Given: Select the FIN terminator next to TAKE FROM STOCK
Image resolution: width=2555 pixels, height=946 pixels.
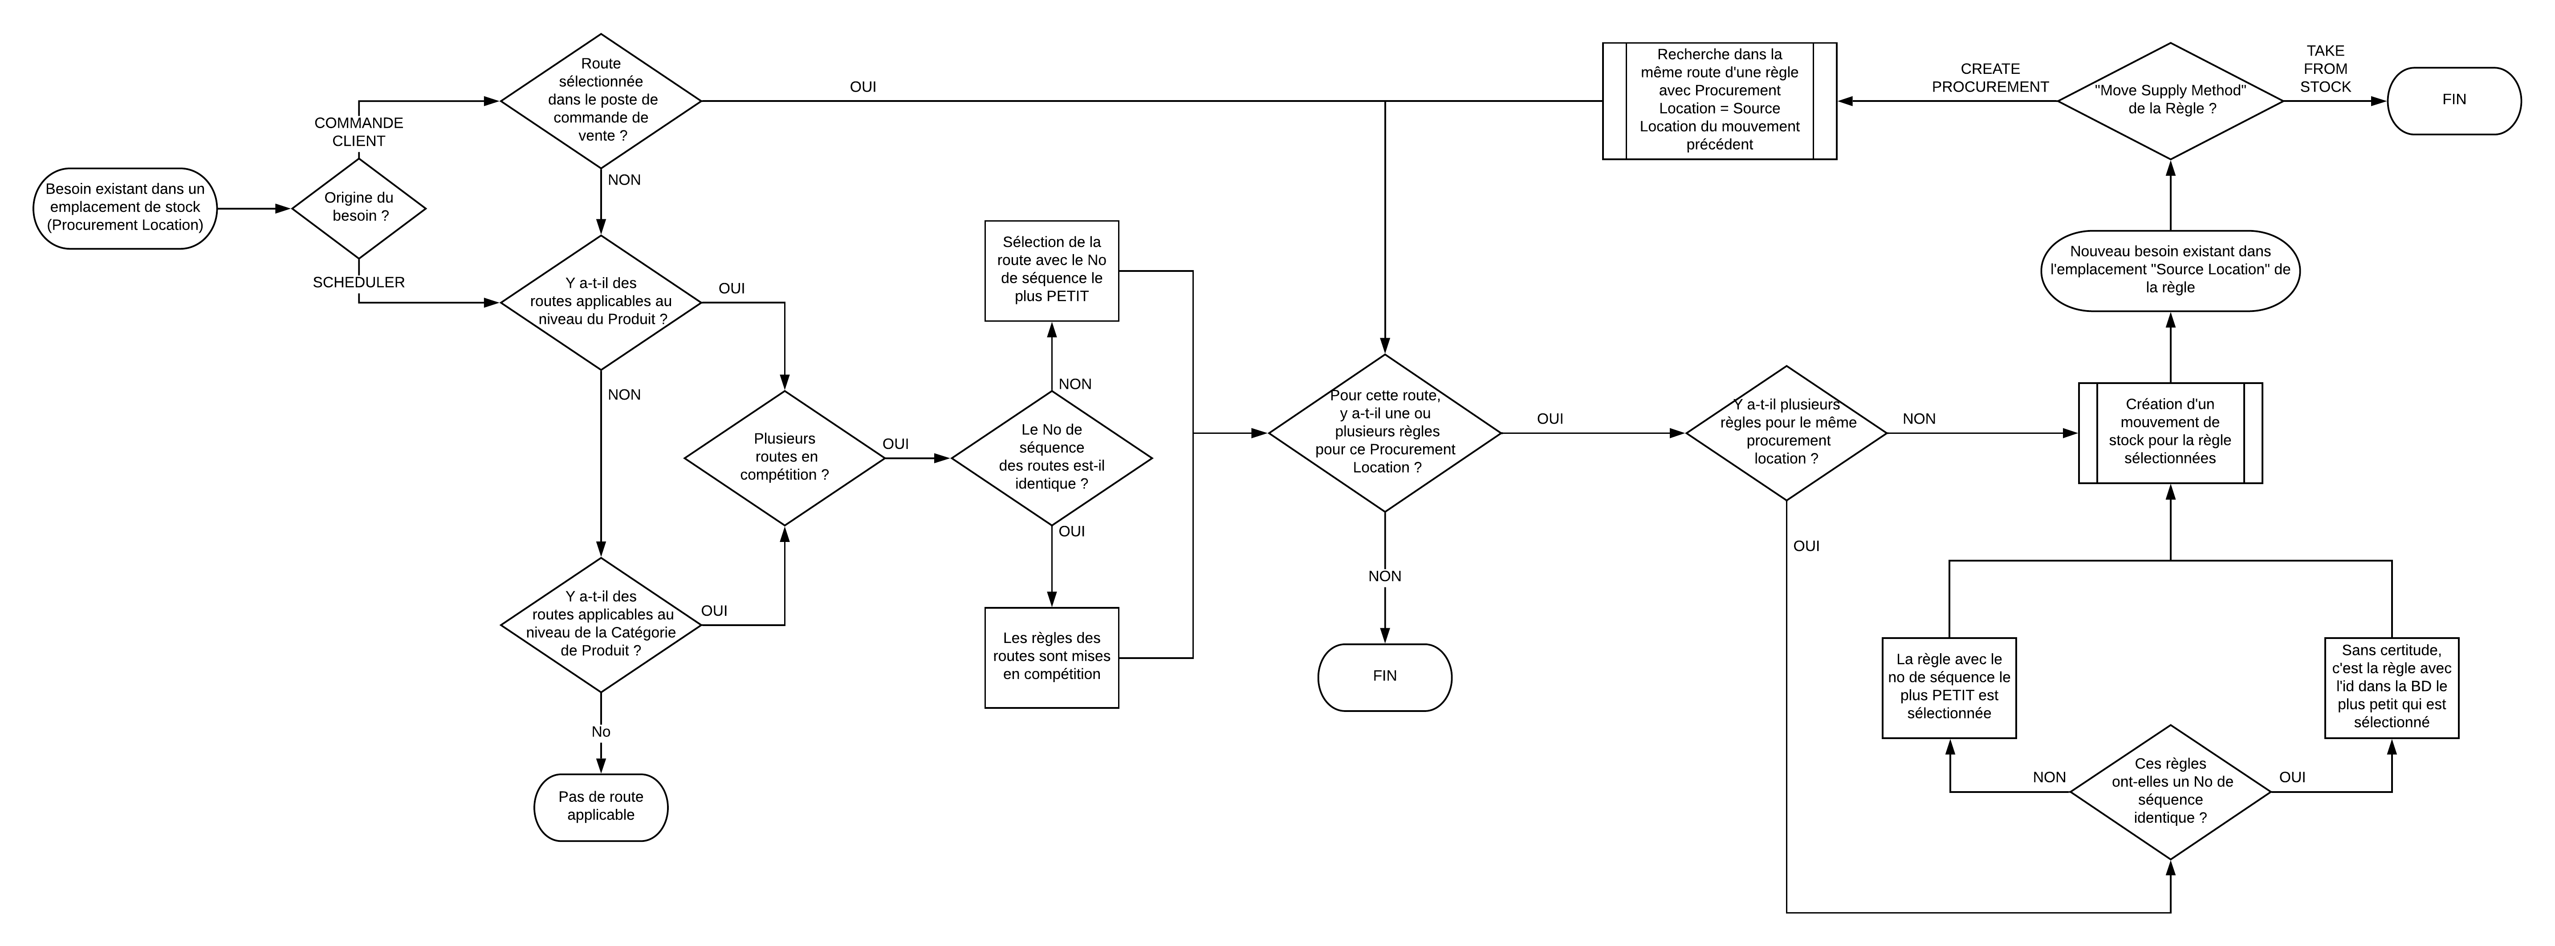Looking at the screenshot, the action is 2454,100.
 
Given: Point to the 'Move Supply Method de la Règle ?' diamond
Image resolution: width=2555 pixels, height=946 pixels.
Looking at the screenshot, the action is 2170,100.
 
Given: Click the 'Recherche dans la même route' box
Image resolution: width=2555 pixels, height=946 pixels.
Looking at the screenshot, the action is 1720,100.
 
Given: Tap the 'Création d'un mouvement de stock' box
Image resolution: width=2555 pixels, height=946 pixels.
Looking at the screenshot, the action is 2170,433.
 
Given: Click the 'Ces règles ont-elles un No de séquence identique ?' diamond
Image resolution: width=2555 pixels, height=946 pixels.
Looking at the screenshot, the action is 2170,791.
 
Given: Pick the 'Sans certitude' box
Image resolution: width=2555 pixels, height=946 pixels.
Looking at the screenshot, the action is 2391,687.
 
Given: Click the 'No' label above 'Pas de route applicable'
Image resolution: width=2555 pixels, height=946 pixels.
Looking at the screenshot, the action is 601,732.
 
